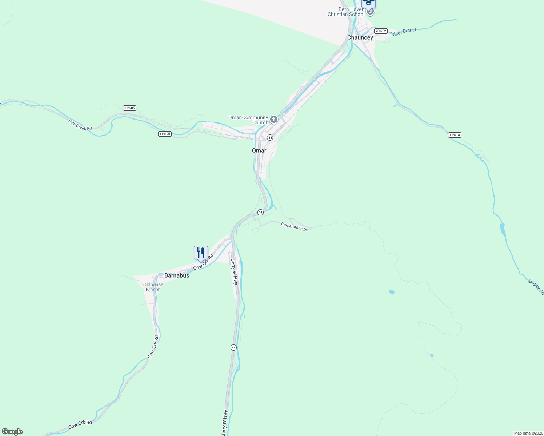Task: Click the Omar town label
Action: click(259, 150)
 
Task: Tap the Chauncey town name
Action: click(360, 37)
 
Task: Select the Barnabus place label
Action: click(177, 275)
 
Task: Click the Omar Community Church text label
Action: click(248, 120)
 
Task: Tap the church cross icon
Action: click(274, 119)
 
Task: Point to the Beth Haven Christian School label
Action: click(346, 12)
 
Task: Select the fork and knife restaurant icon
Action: click(201, 253)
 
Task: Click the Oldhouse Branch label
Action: click(153, 287)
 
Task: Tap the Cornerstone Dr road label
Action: click(294, 227)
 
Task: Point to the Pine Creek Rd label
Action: click(80, 125)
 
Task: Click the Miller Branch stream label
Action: click(404, 32)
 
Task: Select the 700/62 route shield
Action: click(381, 31)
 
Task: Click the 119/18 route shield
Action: click(455, 135)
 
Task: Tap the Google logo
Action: click(12, 432)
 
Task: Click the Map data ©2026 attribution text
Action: click(528, 433)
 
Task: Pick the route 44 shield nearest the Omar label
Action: click(270, 138)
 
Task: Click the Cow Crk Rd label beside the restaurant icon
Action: click(203, 262)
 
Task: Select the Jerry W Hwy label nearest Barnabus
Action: click(235, 272)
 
